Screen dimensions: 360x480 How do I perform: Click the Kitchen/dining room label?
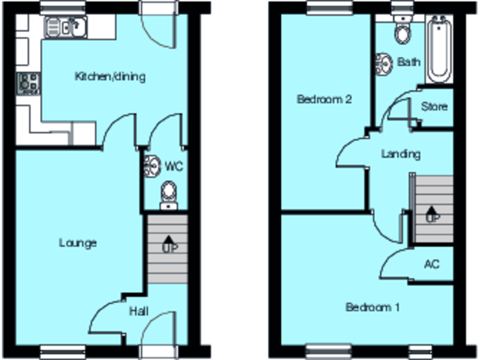(110, 77)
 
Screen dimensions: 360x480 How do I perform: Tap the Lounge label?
(78, 242)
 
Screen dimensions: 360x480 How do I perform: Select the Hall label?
(139, 311)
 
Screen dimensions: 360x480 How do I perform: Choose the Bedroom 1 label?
(373, 307)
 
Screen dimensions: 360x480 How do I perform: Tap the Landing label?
(401, 154)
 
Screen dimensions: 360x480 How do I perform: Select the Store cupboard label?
(434, 106)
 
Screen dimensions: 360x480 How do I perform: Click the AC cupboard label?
(431, 264)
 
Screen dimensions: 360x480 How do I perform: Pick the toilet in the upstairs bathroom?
(401, 31)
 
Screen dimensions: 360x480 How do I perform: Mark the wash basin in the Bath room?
(384, 63)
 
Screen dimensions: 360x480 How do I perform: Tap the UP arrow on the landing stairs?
(431, 215)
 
